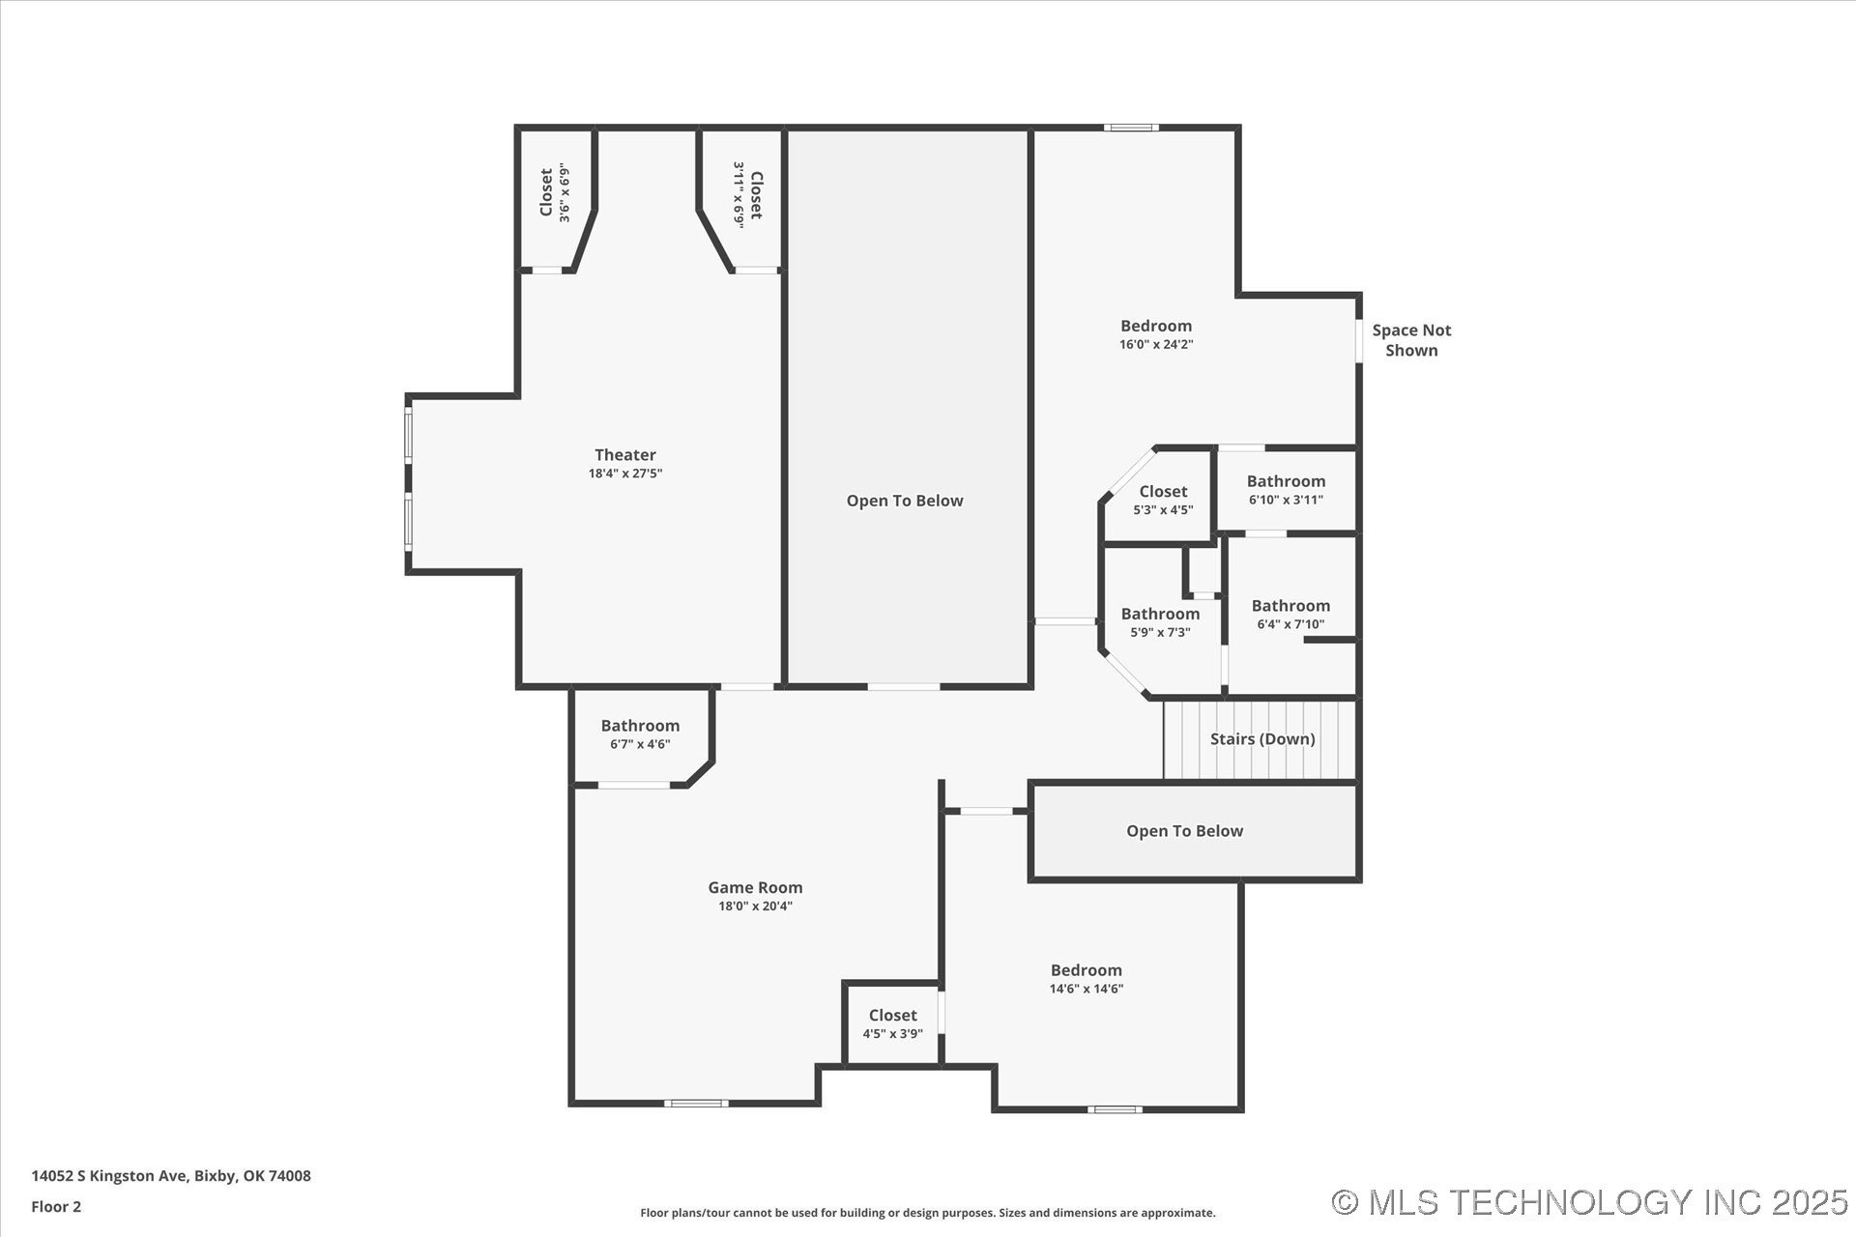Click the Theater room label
tap(625, 454)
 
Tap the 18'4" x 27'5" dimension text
tap(625, 474)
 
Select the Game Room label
tap(755, 887)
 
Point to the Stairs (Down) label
tap(1262, 738)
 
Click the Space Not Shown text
tap(1411, 340)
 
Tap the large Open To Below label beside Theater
tap(905, 501)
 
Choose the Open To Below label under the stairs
tap(1184, 831)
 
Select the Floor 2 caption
tap(56, 1206)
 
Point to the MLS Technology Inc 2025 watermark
tap(1590, 1202)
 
